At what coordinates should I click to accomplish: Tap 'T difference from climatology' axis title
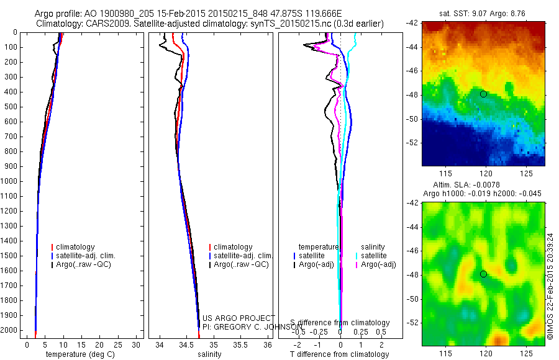[340, 355]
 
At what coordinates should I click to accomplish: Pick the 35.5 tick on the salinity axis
[240, 344]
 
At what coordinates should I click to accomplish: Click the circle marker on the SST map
[483, 94]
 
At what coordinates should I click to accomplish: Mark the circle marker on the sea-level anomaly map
[483, 274]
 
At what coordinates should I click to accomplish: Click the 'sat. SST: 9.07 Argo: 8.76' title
[483, 12]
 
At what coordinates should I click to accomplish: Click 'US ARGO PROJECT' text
[239, 318]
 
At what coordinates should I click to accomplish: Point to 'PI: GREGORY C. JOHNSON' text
[252, 326]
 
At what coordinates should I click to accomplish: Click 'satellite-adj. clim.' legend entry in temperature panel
[86, 256]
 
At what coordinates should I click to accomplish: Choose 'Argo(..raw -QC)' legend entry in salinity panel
[241, 264]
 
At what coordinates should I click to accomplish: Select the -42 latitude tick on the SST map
[412, 23]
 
